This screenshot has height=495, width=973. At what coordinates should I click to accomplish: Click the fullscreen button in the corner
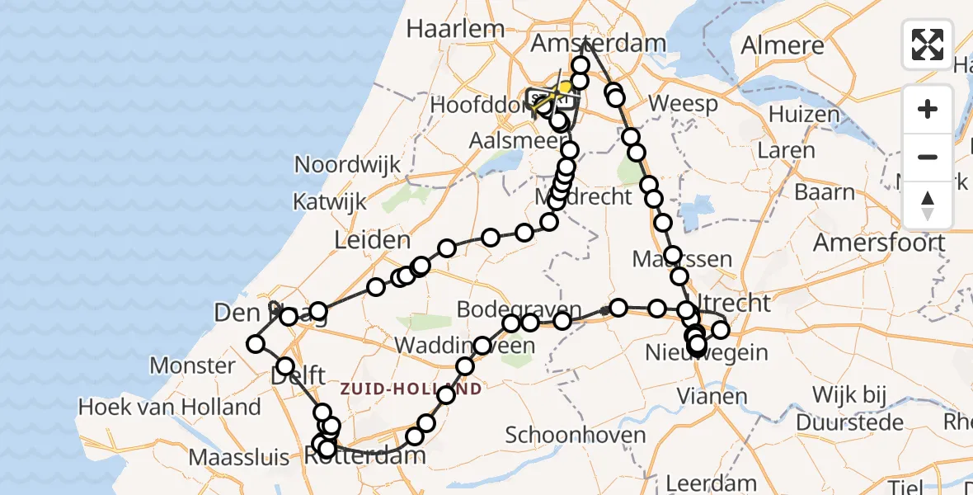pos(928,45)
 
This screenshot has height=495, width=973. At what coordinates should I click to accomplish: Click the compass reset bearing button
pos(928,205)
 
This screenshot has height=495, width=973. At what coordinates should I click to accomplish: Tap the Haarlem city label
pos(455,28)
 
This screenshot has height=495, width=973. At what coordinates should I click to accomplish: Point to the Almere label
pos(783,45)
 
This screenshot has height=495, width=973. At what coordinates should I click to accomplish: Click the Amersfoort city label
pos(879,243)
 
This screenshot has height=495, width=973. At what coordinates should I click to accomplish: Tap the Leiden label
pos(372,241)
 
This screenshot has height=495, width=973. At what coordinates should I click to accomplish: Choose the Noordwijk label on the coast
pos(347,164)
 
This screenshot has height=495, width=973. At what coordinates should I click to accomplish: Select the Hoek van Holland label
pos(169,407)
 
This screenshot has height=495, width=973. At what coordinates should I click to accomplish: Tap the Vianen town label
pos(712,396)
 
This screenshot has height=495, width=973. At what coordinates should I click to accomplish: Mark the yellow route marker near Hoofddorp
pos(566,87)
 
